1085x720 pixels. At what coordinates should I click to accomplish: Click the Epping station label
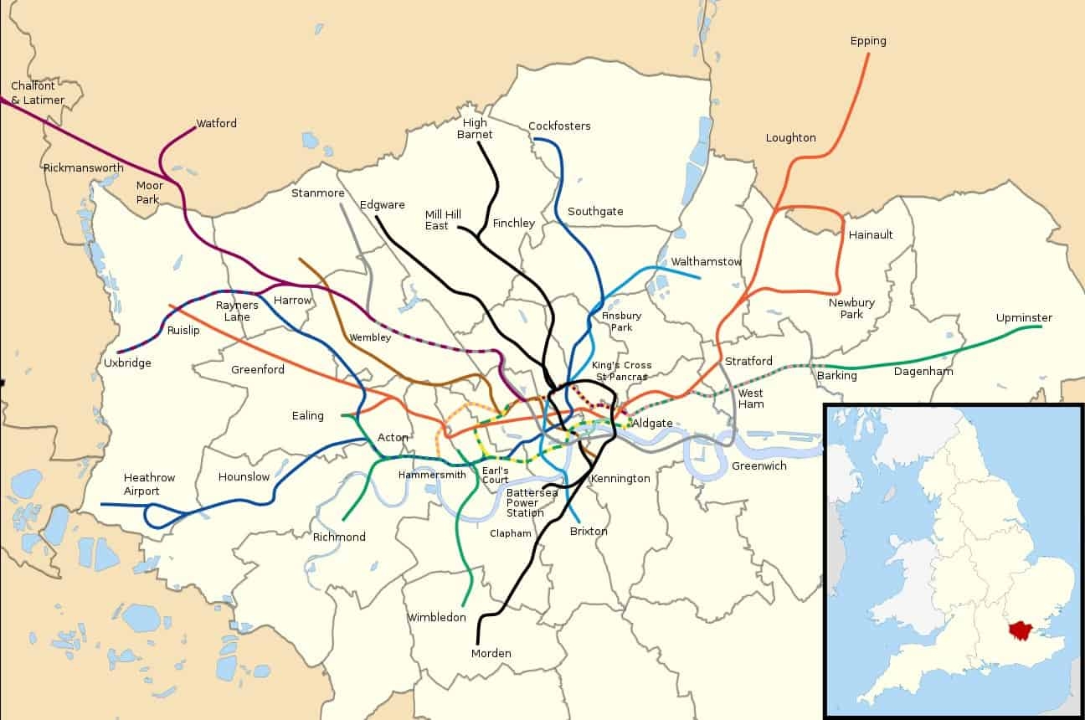click(867, 41)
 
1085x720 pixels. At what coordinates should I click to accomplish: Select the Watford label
click(216, 124)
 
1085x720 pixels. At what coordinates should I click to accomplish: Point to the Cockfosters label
click(559, 126)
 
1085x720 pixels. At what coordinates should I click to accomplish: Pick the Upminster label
click(1023, 318)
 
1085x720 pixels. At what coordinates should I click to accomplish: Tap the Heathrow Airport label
click(141, 485)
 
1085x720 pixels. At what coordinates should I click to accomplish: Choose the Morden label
click(491, 654)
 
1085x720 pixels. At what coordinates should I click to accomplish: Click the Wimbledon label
click(436, 618)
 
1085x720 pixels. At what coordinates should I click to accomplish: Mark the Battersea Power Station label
click(525, 502)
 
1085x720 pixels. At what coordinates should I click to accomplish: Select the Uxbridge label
click(127, 363)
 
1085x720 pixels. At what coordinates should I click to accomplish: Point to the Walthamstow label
click(706, 262)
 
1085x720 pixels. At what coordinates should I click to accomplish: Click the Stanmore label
click(317, 193)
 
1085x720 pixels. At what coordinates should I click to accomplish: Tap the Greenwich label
click(758, 466)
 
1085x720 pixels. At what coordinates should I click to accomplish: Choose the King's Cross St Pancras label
click(621, 371)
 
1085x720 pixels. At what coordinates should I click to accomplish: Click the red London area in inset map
click(1020, 630)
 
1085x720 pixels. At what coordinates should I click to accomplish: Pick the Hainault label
click(871, 235)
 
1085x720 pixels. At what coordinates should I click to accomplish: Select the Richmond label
click(339, 537)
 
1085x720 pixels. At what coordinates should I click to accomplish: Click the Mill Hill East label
click(443, 220)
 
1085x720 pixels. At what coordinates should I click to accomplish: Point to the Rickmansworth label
click(83, 168)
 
